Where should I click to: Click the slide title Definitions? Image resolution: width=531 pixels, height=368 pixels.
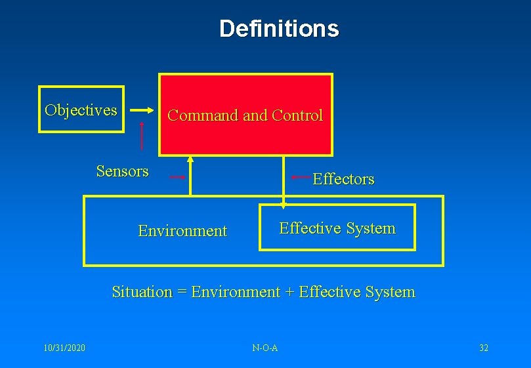[x=279, y=28]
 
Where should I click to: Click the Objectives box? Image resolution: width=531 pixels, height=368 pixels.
[x=81, y=110]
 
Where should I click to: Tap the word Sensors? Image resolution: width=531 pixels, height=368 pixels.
[x=122, y=171]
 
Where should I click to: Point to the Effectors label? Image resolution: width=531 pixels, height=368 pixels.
[x=343, y=178]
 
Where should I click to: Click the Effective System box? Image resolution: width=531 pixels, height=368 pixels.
[x=337, y=228]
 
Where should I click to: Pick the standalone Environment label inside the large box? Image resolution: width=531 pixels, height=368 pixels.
[x=182, y=231]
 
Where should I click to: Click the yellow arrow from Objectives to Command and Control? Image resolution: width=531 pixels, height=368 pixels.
[x=140, y=110]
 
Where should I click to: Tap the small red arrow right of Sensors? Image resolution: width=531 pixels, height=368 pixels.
[x=178, y=177]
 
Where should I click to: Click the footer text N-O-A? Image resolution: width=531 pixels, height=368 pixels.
[x=265, y=347]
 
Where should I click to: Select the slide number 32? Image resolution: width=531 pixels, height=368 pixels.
[x=484, y=347]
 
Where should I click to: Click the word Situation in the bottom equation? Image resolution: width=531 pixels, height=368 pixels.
[x=142, y=292]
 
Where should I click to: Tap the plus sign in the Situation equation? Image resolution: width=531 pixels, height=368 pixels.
[x=289, y=292]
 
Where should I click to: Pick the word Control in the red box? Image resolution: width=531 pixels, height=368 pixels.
[x=297, y=115]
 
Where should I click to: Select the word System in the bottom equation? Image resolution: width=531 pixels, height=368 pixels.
[x=392, y=292]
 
